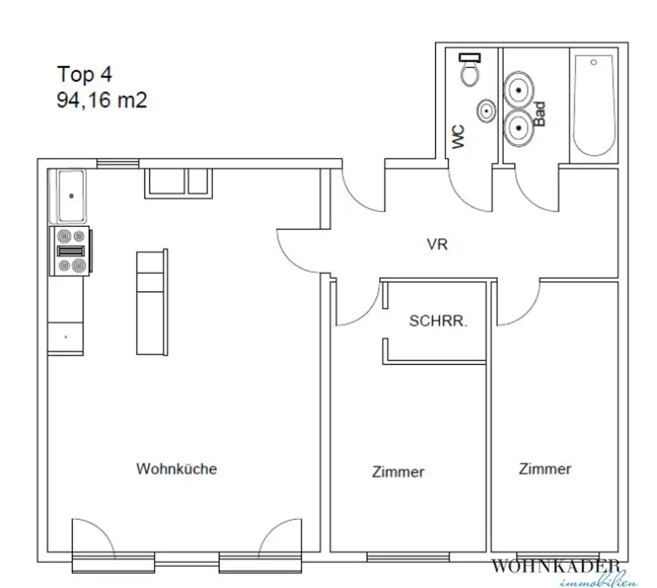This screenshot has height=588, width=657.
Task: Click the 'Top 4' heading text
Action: point(85,74)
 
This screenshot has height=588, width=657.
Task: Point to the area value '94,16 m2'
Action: point(102,100)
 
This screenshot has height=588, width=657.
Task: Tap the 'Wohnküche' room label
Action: point(176,469)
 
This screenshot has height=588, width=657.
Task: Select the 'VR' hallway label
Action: point(437,245)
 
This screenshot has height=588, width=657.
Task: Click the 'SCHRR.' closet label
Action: point(439,322)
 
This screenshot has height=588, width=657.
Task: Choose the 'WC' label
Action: point(458,137)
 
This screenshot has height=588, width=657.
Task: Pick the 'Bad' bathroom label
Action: point(540,114)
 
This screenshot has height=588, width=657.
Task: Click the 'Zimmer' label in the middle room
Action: point(398,472)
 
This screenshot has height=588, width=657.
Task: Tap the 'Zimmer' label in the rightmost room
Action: point(545,469)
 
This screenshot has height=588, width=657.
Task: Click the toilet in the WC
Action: point(470,70)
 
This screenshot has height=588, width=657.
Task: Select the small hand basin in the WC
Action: point(486,112)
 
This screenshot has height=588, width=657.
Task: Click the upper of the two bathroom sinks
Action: point(518,90)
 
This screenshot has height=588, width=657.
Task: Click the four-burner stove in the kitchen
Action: point(71,252)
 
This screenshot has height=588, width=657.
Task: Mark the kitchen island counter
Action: point(152,302)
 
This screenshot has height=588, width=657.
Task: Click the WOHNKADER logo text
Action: point(556,566)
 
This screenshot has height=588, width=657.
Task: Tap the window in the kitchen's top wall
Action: point(117,164)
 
